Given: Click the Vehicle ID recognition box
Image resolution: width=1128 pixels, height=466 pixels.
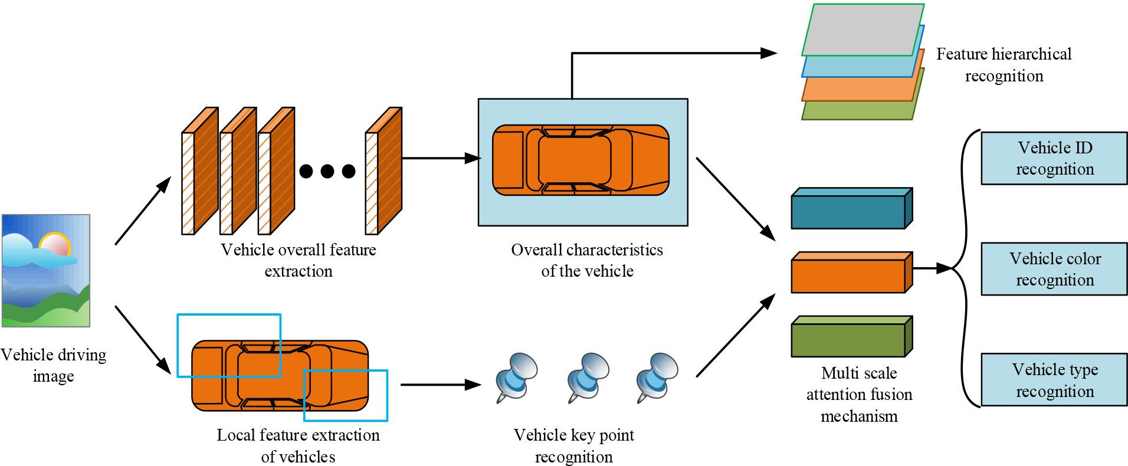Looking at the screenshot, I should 1054,158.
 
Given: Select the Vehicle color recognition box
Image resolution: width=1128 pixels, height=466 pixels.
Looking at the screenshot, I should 1054,269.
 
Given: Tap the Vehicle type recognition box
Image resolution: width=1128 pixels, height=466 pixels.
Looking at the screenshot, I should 1054,380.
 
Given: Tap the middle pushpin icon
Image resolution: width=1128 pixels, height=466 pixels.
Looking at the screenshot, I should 586,376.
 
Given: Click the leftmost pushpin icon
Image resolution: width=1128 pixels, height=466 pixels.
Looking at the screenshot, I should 516,376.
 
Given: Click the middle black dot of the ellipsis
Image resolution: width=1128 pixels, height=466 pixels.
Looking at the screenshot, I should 327,171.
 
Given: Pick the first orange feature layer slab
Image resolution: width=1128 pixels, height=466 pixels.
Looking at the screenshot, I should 201,171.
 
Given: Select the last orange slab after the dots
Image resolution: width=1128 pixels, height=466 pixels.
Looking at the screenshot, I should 385,171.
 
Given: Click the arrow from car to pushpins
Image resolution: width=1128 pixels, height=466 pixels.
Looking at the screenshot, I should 440,385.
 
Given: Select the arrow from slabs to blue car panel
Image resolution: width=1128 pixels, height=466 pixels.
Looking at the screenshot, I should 440,158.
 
